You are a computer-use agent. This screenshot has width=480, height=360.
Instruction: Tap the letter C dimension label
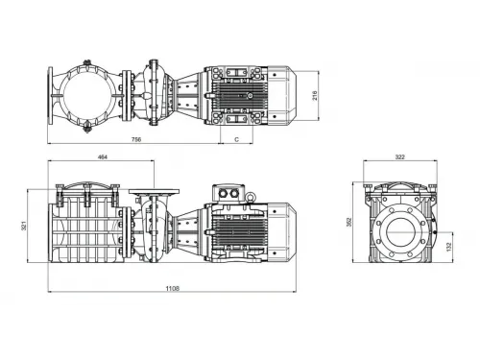point(236,139)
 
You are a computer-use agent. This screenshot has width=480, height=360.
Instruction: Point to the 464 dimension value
point(101,156)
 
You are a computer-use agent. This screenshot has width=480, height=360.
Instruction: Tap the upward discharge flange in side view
point(149,193)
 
